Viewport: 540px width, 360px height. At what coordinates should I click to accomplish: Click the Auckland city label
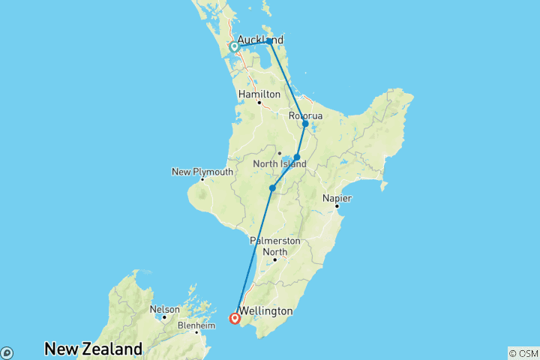tap(259, 40)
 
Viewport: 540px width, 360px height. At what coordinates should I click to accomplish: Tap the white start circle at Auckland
tap(234, 47)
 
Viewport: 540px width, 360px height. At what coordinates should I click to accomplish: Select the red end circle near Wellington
tap(235, 319)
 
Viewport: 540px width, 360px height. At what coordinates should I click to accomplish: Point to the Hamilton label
tap(259, 94)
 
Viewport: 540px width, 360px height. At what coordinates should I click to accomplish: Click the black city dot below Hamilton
tap(259, 103)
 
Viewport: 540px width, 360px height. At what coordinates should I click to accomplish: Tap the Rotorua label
tap(305, 116)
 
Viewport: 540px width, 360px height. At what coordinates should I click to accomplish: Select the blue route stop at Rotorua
tap(305, 124)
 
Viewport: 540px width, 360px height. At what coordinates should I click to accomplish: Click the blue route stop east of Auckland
tap(270, 41)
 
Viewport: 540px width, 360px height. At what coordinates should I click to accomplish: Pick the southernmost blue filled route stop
tap(271, 188)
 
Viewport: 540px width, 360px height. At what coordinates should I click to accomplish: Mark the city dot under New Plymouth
tap(202, 179)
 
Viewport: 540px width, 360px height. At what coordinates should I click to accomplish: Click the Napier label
tap(337, 197)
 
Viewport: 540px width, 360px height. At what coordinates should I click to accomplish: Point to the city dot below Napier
tap(337, 205)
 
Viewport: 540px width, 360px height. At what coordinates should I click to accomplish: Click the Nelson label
tap(165, 309)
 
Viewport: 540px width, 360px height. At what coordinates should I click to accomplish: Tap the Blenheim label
tap(196, 325)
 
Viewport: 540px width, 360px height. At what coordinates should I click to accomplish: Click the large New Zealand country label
tap(93, 349)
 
